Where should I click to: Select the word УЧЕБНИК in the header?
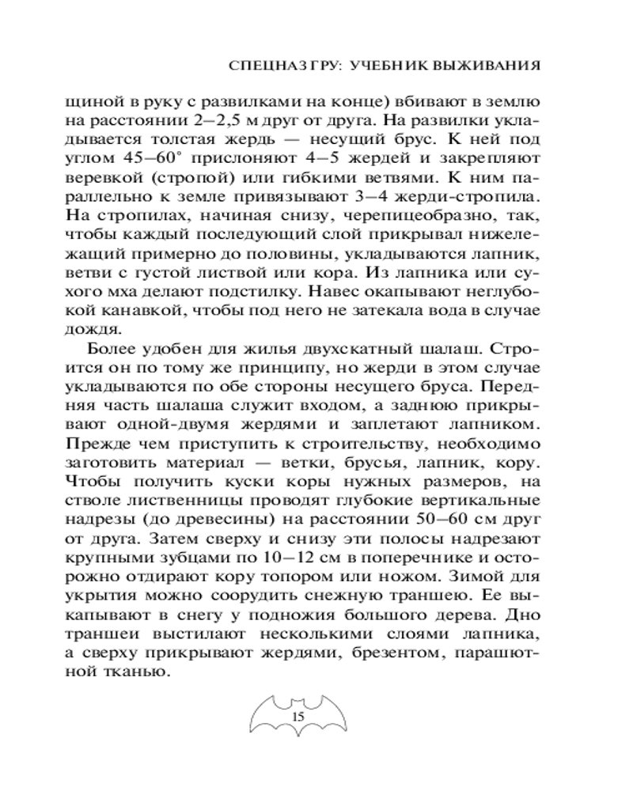tap(385, 63)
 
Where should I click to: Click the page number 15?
tap(298, 717)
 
